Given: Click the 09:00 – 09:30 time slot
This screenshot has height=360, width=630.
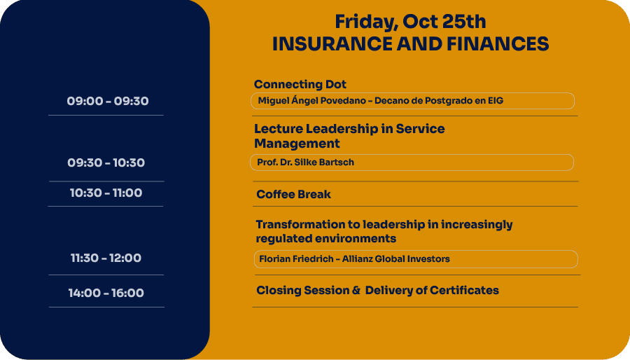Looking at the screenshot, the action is pos(108,101).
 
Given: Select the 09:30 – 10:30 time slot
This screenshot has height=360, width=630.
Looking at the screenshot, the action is pos(106,162).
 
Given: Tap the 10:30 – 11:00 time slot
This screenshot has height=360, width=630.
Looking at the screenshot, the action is pos(106,193).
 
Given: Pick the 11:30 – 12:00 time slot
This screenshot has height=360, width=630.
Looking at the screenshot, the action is pos(106,258).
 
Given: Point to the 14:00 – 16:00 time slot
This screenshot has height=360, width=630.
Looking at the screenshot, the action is pos(106,293).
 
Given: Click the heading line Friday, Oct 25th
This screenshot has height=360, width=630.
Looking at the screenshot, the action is pos(410,22).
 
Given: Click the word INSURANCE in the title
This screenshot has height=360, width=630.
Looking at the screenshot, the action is pos(332,44).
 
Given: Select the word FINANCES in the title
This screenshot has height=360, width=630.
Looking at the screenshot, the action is pos(498,44).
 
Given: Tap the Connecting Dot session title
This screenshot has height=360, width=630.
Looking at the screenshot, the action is pos(300,84).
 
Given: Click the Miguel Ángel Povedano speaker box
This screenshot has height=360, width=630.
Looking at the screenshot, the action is pos(412,101).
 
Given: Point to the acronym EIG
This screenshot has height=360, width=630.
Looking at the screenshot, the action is pos(496,100).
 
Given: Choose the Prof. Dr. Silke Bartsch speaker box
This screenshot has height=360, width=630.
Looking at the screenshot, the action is pos(412,162).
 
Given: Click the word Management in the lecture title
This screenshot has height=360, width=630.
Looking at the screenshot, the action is pos(297,144).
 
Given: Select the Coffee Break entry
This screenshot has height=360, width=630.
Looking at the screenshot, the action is pos(294,195).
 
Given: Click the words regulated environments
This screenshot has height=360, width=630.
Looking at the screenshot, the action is pos(325,239).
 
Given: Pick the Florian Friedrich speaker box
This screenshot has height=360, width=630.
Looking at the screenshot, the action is pos(416,259).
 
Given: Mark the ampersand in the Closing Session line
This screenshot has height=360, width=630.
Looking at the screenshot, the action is pos(356,290).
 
